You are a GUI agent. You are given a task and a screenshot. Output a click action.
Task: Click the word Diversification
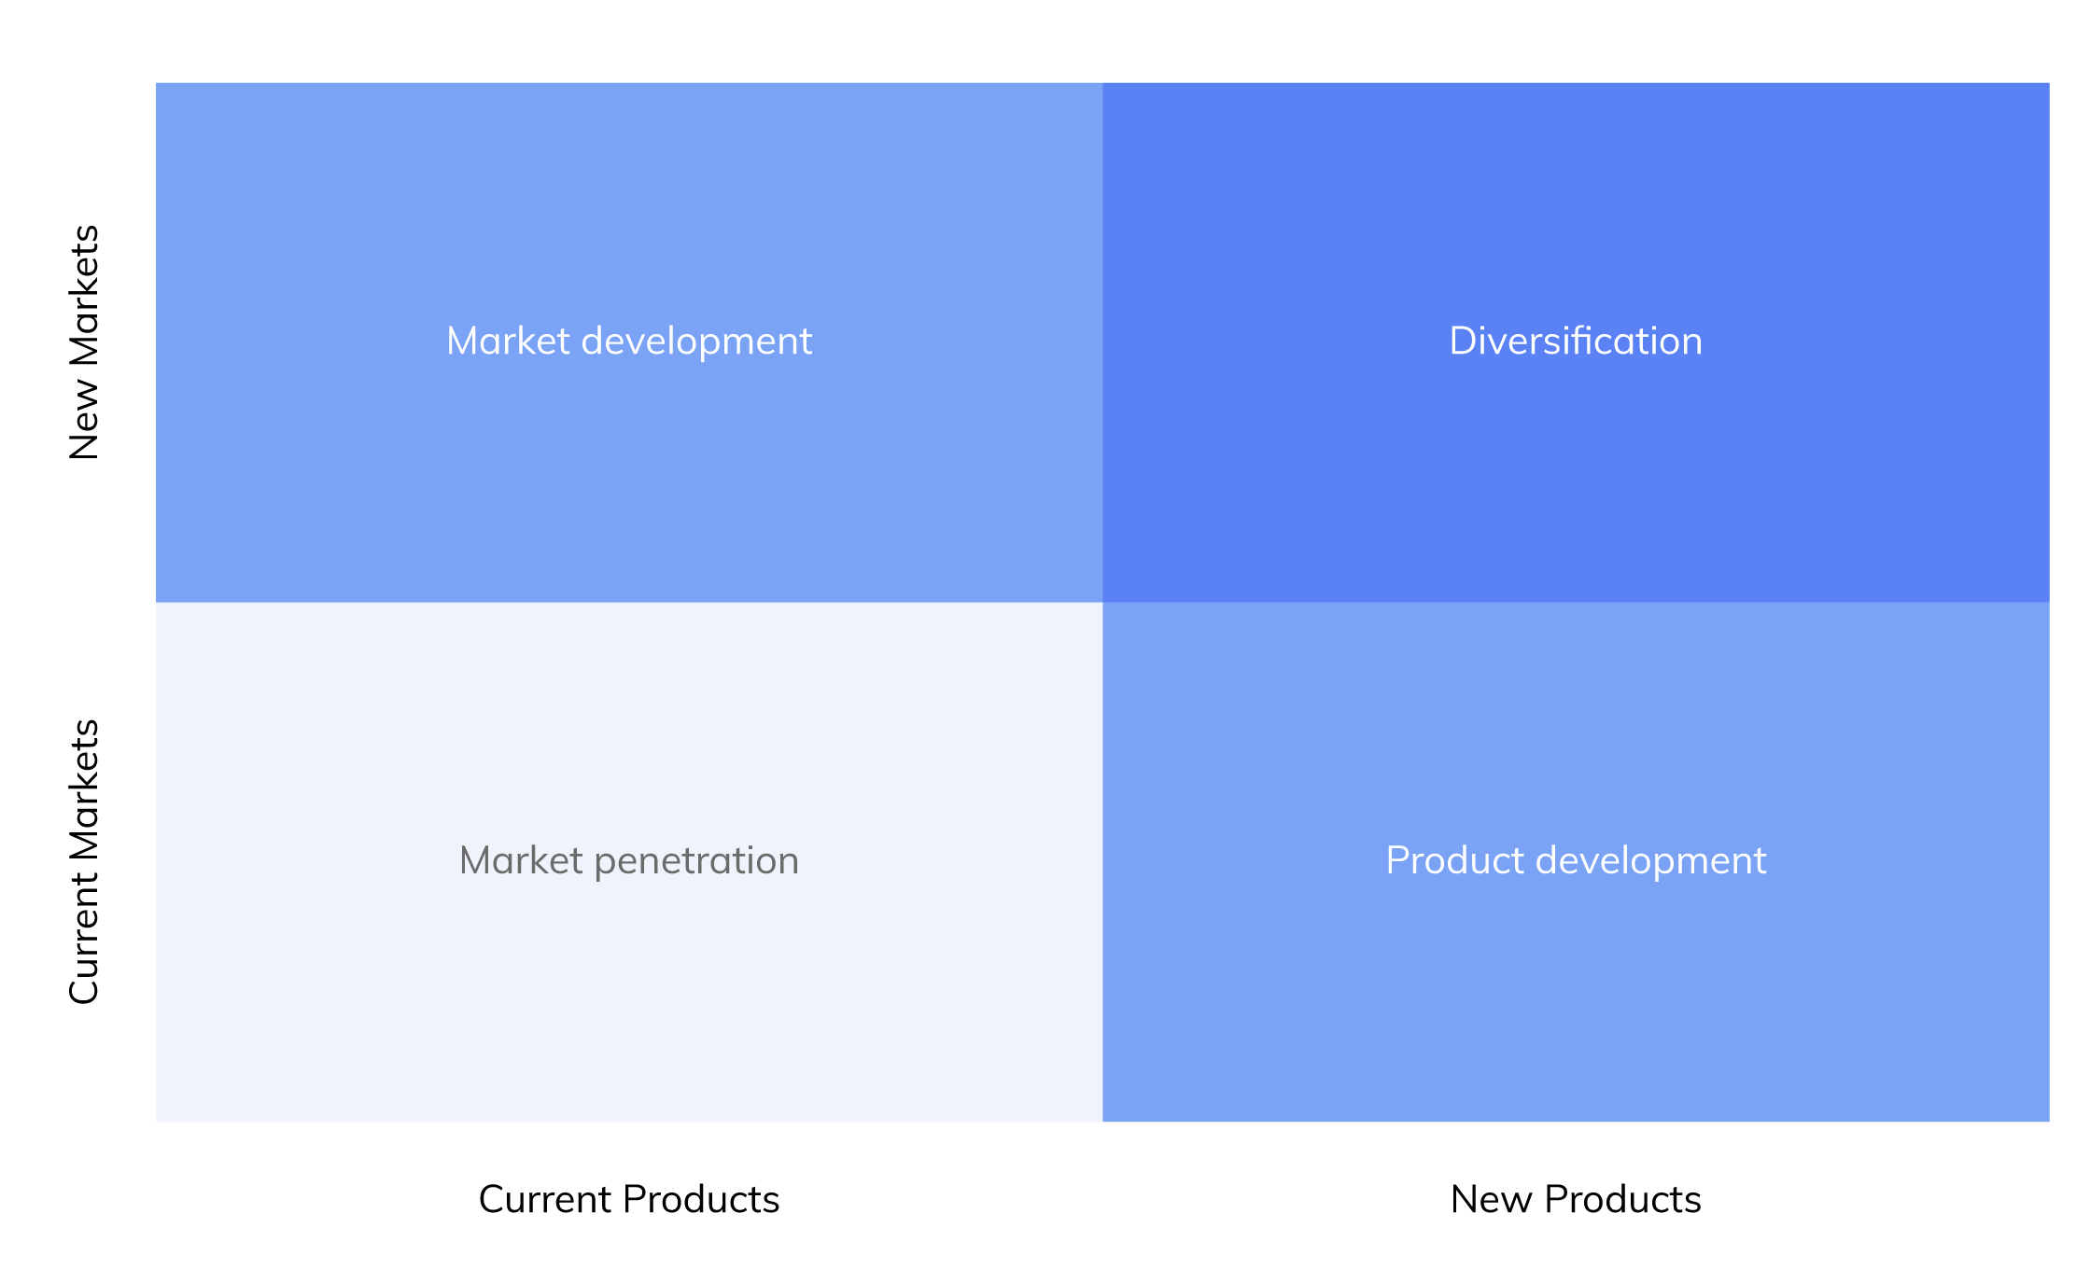point(1576,341)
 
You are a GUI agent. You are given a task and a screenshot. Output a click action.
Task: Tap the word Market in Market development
point(508,341)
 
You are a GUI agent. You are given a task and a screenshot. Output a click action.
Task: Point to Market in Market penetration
point(521,860)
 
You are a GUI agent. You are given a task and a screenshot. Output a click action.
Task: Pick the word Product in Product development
point(1454,860)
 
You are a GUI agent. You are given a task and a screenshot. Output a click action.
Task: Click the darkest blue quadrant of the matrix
point(1576,342)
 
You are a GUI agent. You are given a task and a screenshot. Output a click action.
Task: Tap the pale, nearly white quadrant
point(629,861)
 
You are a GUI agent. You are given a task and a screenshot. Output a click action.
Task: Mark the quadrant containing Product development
point(1576,861)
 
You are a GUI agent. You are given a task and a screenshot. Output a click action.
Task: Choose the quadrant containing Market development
point(629,342)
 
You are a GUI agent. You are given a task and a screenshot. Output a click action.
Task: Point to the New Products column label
point(1576,1199)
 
